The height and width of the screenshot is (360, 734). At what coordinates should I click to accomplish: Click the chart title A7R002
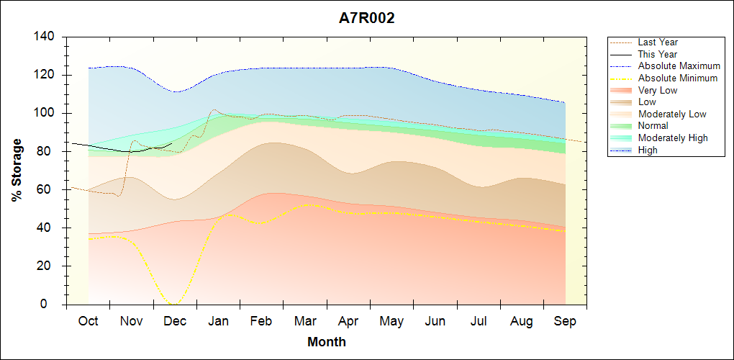pyautogui.click(x=367, y=19)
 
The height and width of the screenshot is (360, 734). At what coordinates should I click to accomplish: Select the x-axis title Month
pyautogui.click(x=327, y=341)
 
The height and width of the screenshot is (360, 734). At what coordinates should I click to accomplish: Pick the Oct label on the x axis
pyautogui.click(x=89, y=321)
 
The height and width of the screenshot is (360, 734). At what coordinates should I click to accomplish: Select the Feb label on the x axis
pyautogui.click(x=262, y=321)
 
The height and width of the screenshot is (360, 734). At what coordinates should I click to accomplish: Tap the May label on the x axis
pyautogui.click(x=391, y=321)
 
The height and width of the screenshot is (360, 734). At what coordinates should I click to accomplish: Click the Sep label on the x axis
pyautogui.click(x=565, y=321)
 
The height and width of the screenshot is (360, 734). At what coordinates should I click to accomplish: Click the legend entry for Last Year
pyautogui.click(x=657, y=42)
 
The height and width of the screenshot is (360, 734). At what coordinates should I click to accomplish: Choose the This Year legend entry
pyautogui.click(x=657, y=54)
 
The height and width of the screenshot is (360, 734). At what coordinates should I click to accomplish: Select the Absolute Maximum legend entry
pyautogui.click(x=679, y=66)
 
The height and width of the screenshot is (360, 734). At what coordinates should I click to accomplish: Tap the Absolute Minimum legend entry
pyautogui.click(x=677, y=78)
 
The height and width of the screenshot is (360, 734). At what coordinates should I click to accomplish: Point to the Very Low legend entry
pyautogui.click(x=657, y=90)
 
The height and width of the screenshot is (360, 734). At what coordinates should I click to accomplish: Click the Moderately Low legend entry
pyautogui.click(x=672, y=114)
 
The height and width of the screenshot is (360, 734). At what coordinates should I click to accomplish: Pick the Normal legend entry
pyautogui.click(x=653, y=126)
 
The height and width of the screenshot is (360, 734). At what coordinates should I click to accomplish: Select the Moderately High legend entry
pyautogui.click(x=673, y=138)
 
